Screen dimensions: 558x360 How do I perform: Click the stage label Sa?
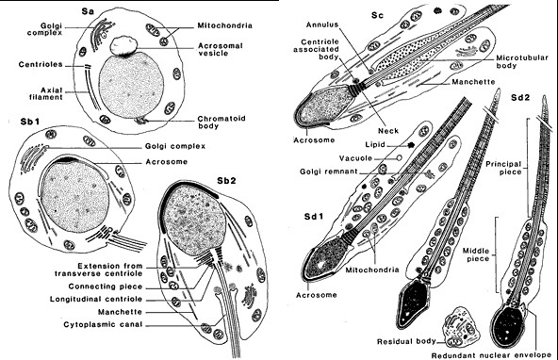[x=88, y=11]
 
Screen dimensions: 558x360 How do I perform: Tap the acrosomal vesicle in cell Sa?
[x=123, y=46]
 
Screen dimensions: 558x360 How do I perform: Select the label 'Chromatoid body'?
[x=222, y=122]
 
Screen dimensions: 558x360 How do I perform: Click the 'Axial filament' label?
[x=46, y=93]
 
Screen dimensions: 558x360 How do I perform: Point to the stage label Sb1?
[x=30, y=122]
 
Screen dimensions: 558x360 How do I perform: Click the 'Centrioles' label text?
[x=41, y=64]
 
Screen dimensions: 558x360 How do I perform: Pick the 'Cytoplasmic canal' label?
[x=103, y=324]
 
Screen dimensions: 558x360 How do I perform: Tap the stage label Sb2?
[x=226, y=181]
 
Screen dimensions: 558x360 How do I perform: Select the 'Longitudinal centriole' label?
[x=96, y=299]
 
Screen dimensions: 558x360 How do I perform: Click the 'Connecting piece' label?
[x=106, y=286]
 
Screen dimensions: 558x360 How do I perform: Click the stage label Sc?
[x=377, y=15]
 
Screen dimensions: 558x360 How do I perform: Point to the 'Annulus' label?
[x=322, y=25]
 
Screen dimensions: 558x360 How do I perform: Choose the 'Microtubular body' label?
[x=522, y=61]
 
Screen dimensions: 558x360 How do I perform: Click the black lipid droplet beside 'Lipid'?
[x=411, y=145]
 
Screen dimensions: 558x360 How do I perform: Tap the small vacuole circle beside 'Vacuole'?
[x=400, y=157]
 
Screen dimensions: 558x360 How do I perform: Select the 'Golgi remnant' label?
[x=328, y=172]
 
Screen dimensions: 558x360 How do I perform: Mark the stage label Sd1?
[x=314, y=217]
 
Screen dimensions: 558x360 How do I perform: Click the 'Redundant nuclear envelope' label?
[x=491, y=355]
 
